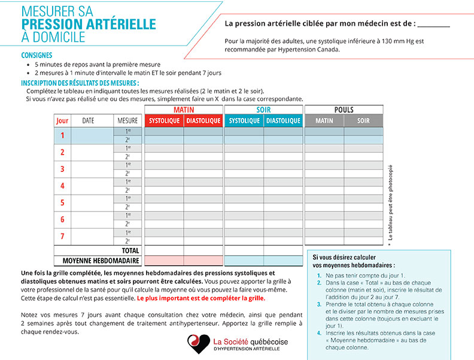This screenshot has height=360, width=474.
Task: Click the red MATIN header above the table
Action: [x=184, y=110]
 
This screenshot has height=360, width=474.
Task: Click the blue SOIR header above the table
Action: [x=263, y=110]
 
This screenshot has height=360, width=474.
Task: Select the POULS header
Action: [x=344, y=110]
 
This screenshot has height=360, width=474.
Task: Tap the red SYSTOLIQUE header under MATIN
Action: [x=164, y=121]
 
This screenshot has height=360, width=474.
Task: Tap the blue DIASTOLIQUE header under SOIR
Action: [x=283, y=121]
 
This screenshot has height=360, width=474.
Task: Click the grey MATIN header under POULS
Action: [x=324, y=121]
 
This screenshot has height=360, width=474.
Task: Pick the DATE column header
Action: [x=88, y=121]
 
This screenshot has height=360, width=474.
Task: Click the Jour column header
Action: [x=62, y=121]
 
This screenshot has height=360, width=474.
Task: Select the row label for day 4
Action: [x=62, y=186]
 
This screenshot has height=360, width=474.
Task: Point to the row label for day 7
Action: [x=62, y=236]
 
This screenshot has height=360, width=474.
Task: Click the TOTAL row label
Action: [x=130, y=251]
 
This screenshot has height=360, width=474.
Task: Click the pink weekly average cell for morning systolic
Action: [x=164, y=261]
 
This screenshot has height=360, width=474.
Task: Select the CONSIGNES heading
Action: [x=37, y=55]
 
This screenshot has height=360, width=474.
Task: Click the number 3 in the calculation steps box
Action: [x=319, y=304]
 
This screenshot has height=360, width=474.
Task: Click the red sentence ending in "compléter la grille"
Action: [x=200, y=298]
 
